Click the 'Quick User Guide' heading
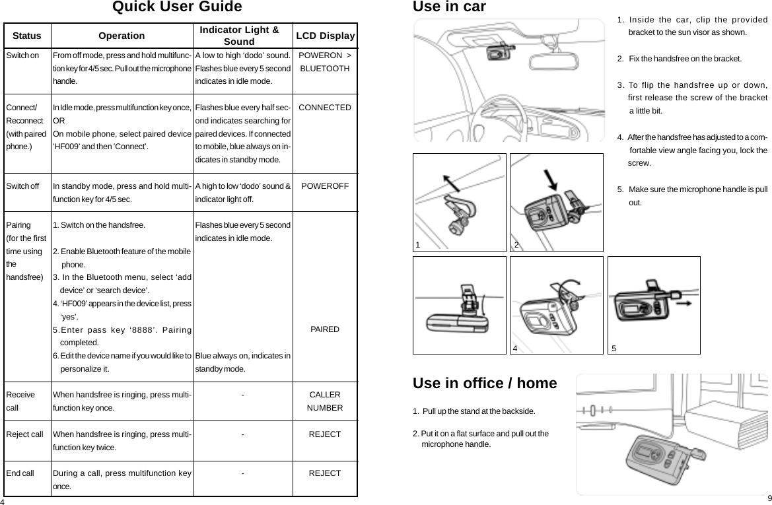(177, 8)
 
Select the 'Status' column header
(27, 36)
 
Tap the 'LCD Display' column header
(325, 36)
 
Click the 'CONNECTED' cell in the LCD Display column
(325, 107)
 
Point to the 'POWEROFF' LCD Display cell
(325, 186)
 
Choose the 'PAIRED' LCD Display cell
(325, 329)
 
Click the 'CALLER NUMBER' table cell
(325, 401)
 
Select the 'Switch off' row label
(22, 186)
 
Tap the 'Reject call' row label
(24, 434)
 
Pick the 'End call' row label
(20, 473)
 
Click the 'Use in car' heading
(448, 8)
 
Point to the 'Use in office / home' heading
(484, 384)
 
